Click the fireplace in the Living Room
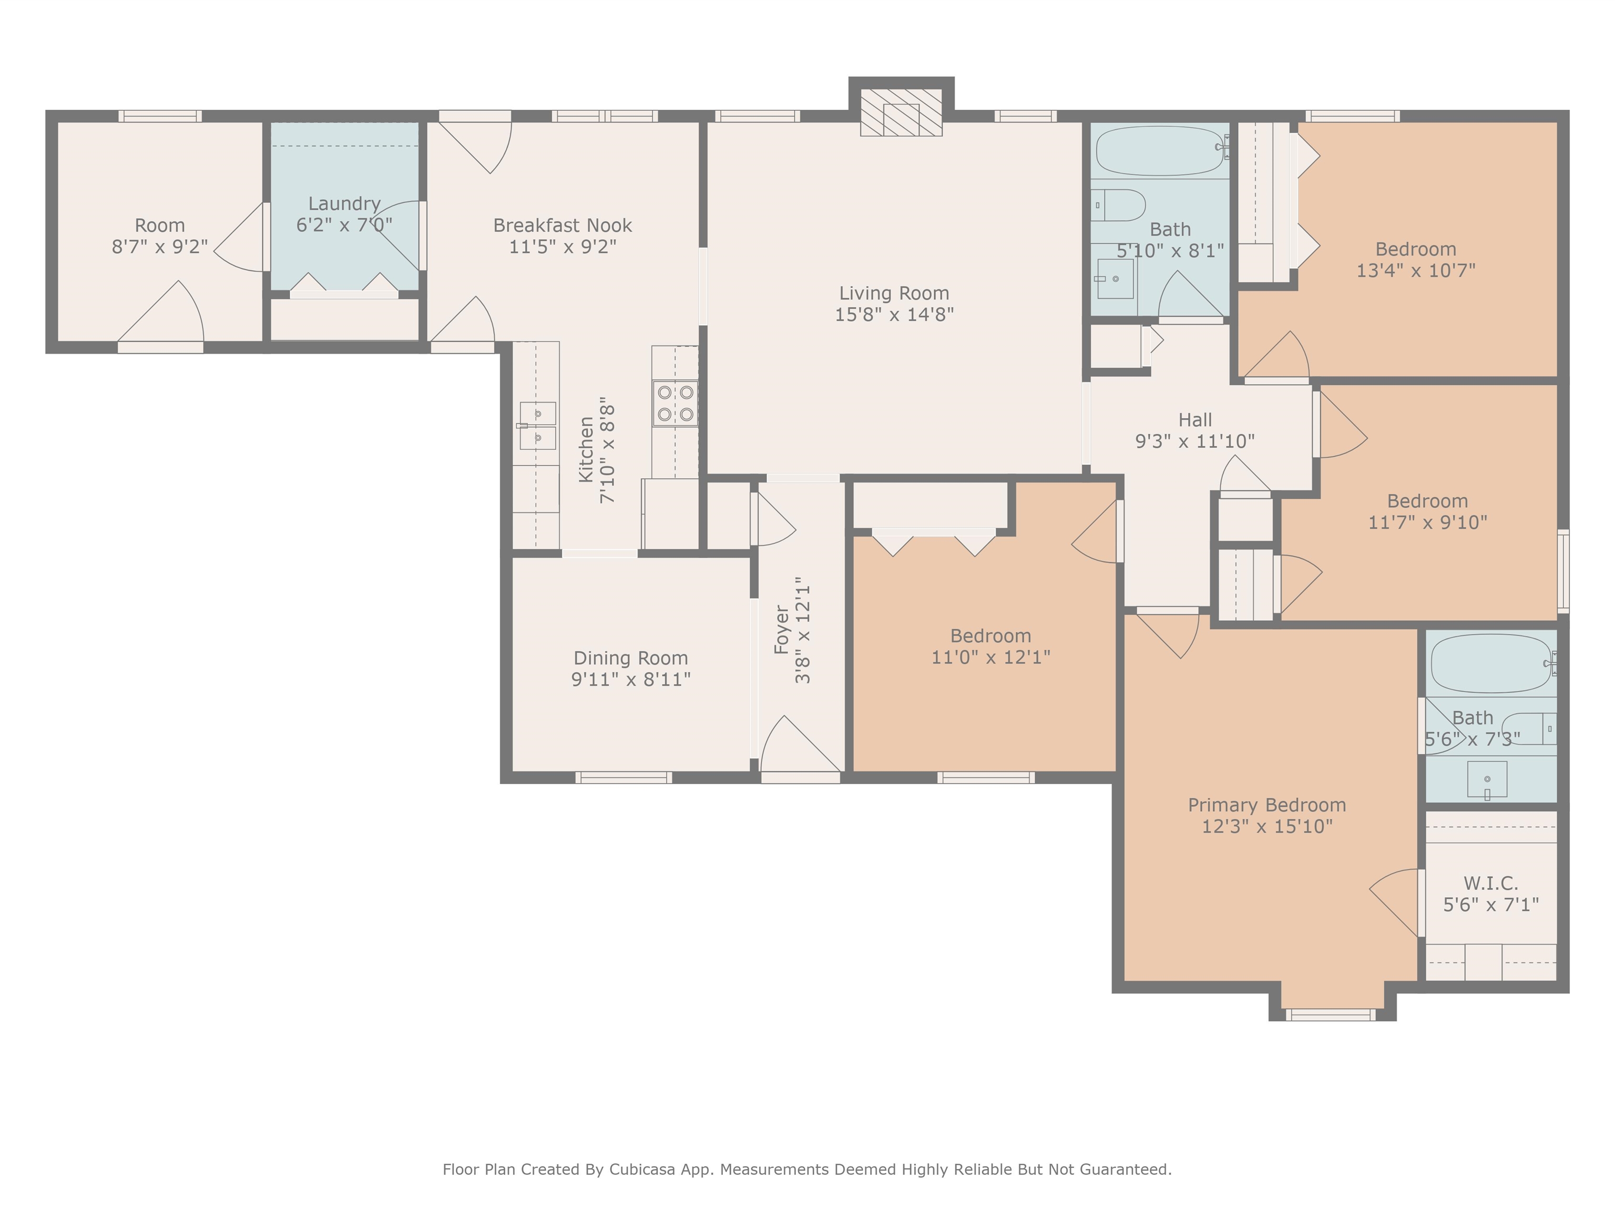point(901,112)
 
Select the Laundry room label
point(344,203)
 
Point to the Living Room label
point(894,293)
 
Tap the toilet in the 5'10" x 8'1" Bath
point(1119,205)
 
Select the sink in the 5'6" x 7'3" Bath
point(1487,779)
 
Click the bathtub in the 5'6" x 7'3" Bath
point(1493,663)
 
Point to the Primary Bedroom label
point(1267,805)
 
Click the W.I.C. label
point(1490,883)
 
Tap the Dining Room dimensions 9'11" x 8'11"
point(631,680)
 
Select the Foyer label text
point(781,629)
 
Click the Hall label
point(1194,420)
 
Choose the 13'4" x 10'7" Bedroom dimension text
point(1416,271)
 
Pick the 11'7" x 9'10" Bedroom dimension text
point(1427,522)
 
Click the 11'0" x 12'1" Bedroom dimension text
point(991,657)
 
